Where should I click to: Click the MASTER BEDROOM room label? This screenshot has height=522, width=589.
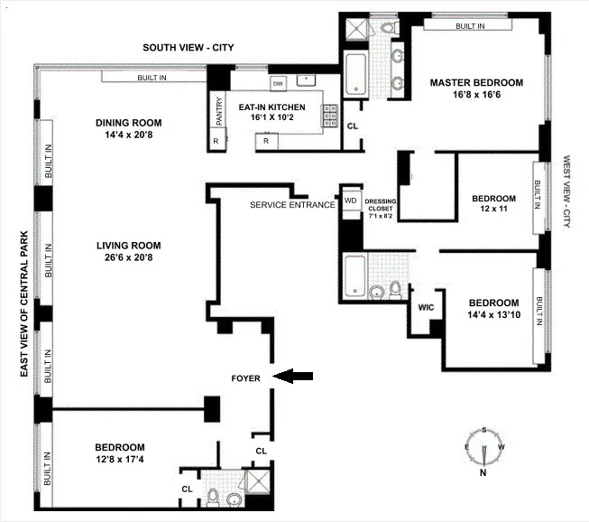[471, 82]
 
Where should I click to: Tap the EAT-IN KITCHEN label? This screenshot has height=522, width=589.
[271, 107]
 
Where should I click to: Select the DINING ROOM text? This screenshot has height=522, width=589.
[129, 123]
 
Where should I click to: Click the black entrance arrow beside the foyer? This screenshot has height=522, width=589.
[294, 377]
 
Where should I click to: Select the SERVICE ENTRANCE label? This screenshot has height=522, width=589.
[292, 205]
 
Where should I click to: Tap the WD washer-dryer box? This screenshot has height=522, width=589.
[350, 200]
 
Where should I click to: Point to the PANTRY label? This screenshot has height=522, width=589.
[218, 113]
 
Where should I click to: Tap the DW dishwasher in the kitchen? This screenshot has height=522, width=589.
[278, 83]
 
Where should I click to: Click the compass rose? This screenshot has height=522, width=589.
[484, 448]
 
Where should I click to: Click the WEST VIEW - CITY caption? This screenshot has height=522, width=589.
[567, 191]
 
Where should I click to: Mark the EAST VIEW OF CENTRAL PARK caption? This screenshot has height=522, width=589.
[25, 275]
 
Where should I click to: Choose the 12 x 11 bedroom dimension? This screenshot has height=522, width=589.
[493, 210]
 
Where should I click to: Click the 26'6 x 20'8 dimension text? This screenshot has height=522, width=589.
[129, 257]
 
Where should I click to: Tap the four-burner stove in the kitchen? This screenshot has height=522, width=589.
[331, 114]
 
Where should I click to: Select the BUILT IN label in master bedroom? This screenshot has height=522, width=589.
[469, 26]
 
